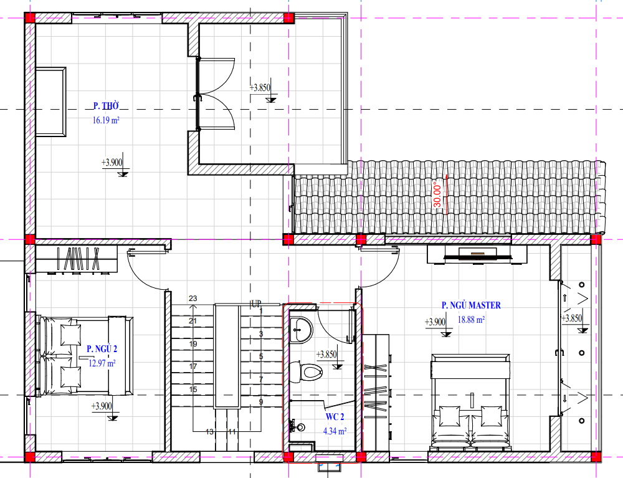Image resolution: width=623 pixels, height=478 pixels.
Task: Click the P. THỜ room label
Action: [x=106, y=106]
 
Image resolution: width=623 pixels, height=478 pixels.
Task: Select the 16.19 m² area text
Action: [x=106, y=120]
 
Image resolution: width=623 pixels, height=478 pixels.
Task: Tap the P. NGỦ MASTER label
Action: [x=471, y=305]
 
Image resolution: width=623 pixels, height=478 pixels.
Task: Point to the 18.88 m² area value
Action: [x=471, y=320]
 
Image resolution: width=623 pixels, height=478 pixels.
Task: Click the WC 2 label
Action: [x=335, y=417]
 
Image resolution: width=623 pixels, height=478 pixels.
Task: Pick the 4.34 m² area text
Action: [x=335, y=431]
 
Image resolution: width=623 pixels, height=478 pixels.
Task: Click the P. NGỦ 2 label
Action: [x=102, y=349]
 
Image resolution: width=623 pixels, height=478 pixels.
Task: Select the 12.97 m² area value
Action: [x=102, y=363]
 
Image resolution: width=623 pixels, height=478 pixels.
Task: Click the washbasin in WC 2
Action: [x=301, y=330]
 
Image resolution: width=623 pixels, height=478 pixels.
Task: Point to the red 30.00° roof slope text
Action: [x=437, y=194]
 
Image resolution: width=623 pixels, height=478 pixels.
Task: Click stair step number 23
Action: [x=193, y=299]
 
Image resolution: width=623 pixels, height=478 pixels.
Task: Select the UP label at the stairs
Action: [x=256, y=304]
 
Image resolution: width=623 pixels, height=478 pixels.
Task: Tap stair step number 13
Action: [x=209, y=431]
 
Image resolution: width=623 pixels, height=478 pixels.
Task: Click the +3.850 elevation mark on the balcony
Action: [x=260, y=88]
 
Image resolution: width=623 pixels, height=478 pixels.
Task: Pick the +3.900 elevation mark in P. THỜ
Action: [x=112, y=163]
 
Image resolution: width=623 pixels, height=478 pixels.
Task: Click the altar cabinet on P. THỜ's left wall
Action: [x=51, y=102]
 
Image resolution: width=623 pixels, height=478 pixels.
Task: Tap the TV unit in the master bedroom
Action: [x=477, y=254]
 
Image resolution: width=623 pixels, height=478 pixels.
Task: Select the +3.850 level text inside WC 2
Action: [x=326, y=355]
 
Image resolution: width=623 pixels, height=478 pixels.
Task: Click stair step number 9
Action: [x=261, y=402]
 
